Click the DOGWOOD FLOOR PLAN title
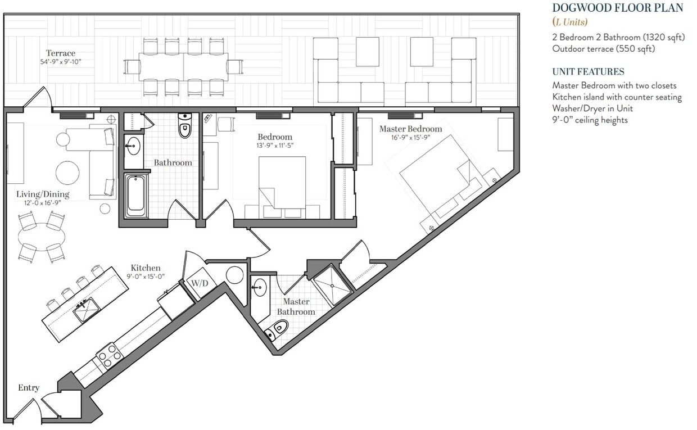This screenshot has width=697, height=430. [x=617, y=8]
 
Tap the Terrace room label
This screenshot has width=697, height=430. [x=61, y=53]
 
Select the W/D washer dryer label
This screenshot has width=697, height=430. [x=200, y=283]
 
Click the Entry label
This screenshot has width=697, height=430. [x=29, y=388]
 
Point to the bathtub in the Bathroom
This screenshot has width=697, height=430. [x=136, y=195]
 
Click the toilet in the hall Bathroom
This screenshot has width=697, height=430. [x=185, y=126]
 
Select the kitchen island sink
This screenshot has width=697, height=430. [x=87, y=308]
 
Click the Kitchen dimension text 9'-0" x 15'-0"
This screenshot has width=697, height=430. [x=145, y=277]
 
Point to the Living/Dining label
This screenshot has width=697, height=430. [x=43, y=194]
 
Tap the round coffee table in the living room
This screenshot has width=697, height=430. [x=67, y=173]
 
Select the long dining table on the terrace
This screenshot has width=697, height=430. [x=183, y=66]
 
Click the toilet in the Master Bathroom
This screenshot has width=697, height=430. [x=278, y=329]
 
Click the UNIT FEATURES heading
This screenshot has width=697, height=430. [x=588, y=72]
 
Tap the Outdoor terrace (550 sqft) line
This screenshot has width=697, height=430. [x=604, y=49]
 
